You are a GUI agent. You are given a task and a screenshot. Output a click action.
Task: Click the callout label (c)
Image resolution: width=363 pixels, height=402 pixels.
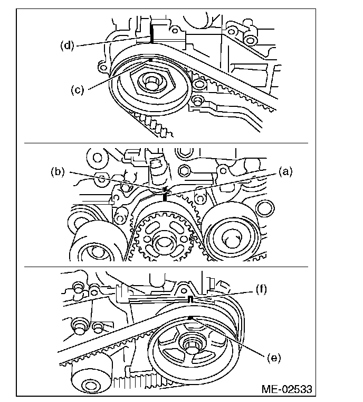pyautogui.click(x=78, y=90)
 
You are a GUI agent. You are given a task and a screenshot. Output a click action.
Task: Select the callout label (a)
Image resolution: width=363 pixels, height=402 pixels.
pyautogui.click(x=285, y=171)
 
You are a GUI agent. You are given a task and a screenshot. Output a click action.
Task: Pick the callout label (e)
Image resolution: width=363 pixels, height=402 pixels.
pyautogui.click(x=273, y=358)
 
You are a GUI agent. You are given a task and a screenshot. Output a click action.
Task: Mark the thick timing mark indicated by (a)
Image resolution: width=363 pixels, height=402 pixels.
pyautogui.click(x=165, y=197)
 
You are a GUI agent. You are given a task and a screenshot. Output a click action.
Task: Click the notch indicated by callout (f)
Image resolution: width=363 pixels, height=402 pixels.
pyautogui.click(x=189, y=299)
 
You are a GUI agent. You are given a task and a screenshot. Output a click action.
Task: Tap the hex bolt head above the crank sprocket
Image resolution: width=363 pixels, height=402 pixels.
pyautogui.click(x=184, y=170)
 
